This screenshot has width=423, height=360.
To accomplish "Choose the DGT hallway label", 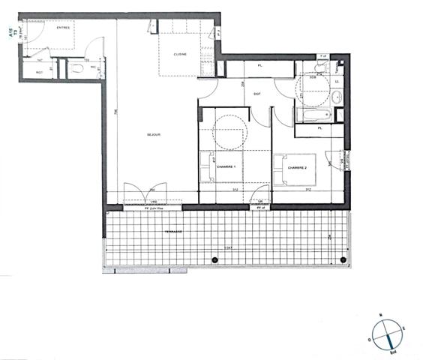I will click(257, 94).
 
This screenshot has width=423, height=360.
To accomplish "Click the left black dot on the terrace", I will click(215, 259).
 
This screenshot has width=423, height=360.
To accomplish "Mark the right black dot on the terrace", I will click(343, 259).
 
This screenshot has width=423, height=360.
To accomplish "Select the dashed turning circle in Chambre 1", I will click(229, 133).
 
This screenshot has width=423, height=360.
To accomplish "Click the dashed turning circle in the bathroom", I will click(316, 91).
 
